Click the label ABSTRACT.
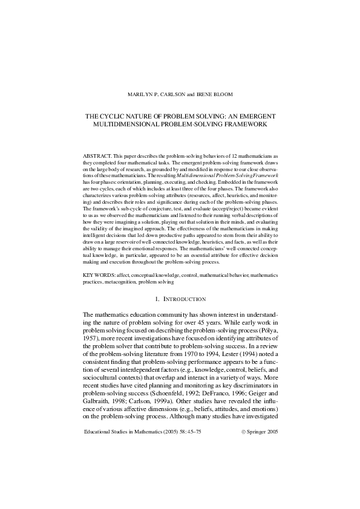(97, 156)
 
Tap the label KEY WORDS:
(99, 275)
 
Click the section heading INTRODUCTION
(185, 299)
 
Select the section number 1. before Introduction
(157, 299)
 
